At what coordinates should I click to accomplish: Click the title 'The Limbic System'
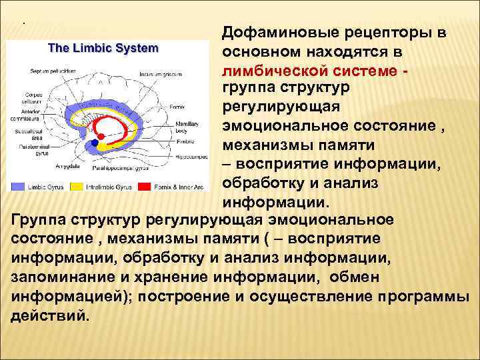click(x=103, y=48)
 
